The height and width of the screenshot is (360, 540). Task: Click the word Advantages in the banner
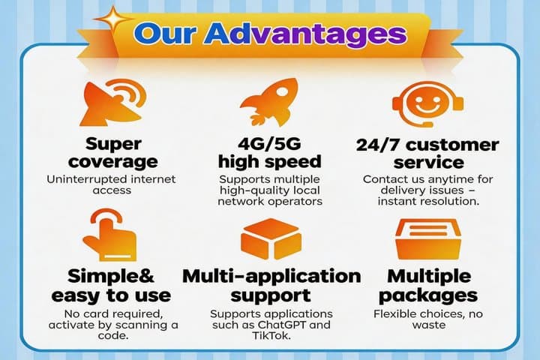coord(305,34)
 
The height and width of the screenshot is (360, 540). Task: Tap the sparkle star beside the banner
coord(112,18)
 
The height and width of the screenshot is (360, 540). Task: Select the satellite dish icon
coord(113,102)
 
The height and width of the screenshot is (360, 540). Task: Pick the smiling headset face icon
coord(427,103)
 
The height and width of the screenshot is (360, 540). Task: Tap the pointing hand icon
coord(109,235)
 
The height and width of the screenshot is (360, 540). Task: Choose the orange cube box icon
coord(271,238)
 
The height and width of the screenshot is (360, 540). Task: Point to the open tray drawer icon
coord(428,238)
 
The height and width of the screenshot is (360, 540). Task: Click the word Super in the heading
coord(113,144)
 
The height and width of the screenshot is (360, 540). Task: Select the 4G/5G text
coord(270,143)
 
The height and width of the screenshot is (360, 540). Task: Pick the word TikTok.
coord(271,335)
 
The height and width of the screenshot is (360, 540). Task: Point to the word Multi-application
coord(271,277)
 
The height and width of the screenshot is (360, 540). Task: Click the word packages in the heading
coord(428,296)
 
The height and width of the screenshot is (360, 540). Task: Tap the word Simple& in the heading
coord(110,276)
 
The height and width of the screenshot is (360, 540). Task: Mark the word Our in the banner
coord(165,34)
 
